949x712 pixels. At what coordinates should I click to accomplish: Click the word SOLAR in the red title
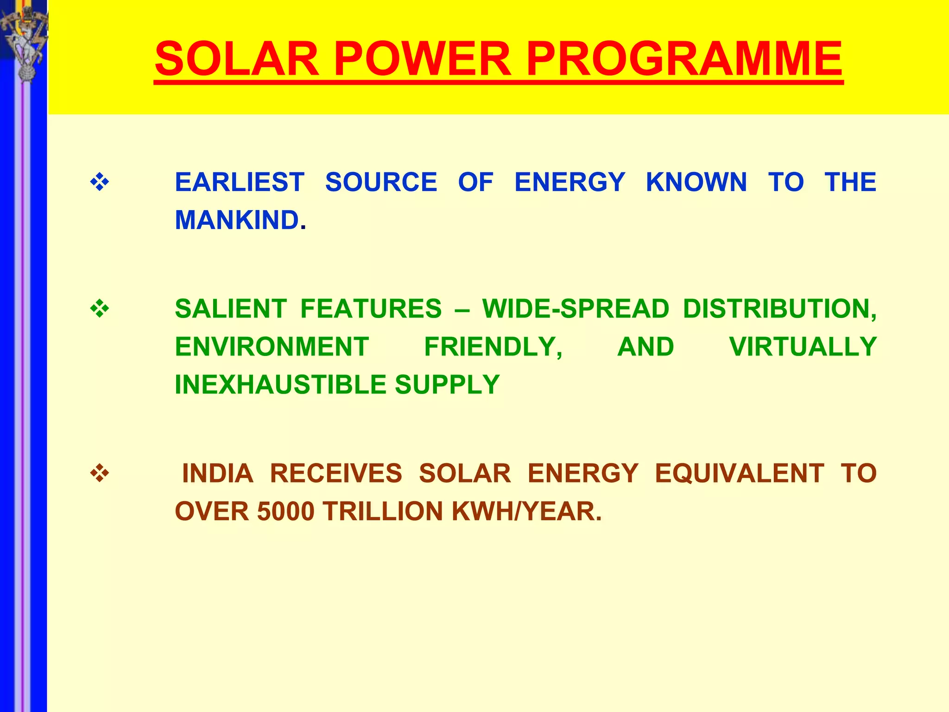[x=237, y=59]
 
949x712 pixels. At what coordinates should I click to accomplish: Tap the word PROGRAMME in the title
[x=684, y=59]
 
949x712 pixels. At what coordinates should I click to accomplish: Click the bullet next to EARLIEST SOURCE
[x=100, y=182]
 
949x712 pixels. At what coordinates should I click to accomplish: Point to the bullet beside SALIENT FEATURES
[x=100, y=309]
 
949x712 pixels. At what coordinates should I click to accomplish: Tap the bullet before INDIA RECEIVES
[x=100, y=474]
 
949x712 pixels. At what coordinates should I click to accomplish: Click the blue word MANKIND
[x=237, y=220]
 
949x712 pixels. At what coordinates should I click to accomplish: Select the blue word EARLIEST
[x=240, y=182]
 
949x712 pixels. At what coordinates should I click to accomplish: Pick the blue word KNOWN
[x=696, y=182]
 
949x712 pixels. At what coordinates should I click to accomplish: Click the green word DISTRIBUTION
[x=779, y=309]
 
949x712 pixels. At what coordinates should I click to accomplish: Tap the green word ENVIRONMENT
[x=272, y=347]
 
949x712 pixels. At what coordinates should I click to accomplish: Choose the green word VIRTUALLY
[x=803, y=347]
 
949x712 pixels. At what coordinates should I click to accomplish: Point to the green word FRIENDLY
[x=493, y=347]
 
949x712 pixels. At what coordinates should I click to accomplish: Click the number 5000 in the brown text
[x=286, y=512]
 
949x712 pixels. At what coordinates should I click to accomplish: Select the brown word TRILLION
[x=383, y=512]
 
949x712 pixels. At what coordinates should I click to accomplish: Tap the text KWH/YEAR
[x=526, y=512]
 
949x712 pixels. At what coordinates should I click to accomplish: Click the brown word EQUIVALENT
[x=739, y=474]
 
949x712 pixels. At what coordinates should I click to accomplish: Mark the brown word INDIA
[x=217, y=474]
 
